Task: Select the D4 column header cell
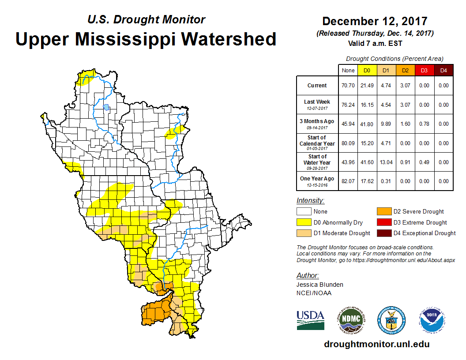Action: [443, 70]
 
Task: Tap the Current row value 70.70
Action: [348, 86]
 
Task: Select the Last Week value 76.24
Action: [348, 105]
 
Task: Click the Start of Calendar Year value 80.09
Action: [348, 143]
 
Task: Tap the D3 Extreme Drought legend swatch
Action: [383, 222]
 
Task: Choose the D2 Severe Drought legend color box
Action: [383, 212]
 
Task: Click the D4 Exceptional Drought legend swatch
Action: [383, 233]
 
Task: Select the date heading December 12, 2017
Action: [374, 21]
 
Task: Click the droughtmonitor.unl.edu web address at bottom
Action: [376, 344]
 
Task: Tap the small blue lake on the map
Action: [106, 107]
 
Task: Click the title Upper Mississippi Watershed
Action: [146, 39]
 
